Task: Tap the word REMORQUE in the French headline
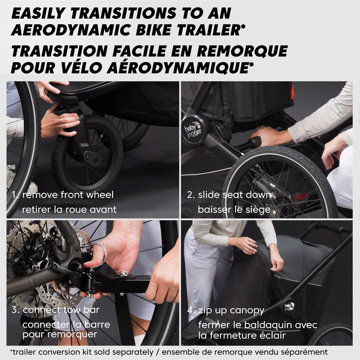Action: click(242, 51)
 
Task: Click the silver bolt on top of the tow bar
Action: click(123, 274)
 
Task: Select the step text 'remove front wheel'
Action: click(68, 195)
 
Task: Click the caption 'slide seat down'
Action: click(235, 195)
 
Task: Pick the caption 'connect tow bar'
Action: click(61, 310)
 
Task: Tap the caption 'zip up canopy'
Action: click(231, 311)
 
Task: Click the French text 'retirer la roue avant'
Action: click(69, 209)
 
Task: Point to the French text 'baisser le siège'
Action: click(234, 210)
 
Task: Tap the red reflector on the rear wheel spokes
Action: click(301, 196)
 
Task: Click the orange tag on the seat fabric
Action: click(292, 92)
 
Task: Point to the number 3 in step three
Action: click(14, 310)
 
